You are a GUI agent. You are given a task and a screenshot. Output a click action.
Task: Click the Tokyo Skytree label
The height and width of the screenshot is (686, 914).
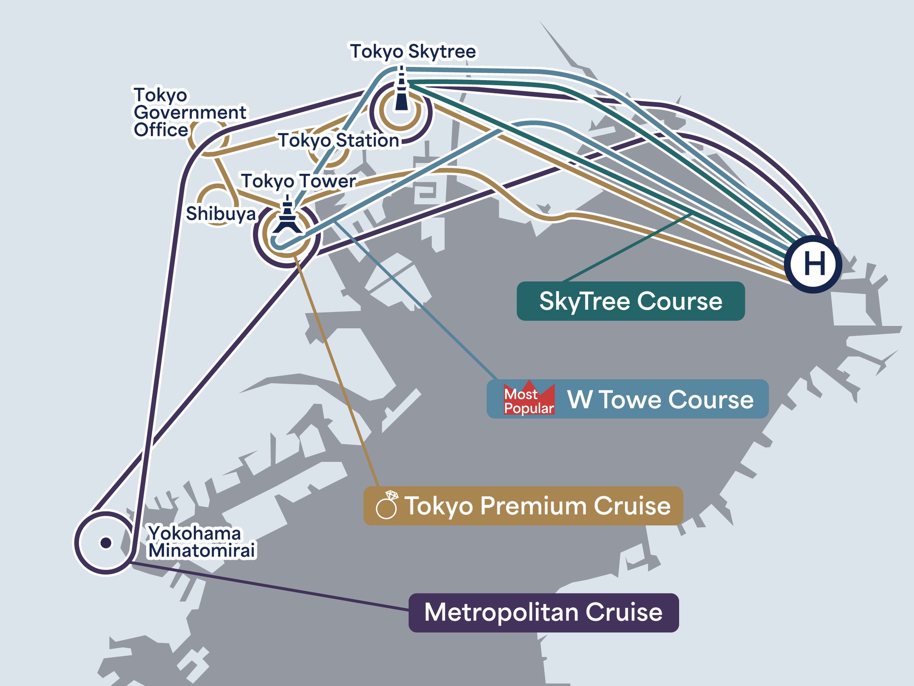pyautogui.click(x=413, y=52)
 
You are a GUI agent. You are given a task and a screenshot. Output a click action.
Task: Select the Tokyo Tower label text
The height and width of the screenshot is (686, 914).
pyautogui.click(x=298, y=181)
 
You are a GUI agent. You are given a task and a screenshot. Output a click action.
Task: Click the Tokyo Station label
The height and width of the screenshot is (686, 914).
pyautogui.click(x=339, y=141)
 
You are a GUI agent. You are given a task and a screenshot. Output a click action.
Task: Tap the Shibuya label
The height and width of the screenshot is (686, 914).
pyautogui.click(x=221, y=214)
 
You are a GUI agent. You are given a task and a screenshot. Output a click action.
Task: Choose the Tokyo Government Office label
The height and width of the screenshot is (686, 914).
pyautogui.click(x=189, y=112)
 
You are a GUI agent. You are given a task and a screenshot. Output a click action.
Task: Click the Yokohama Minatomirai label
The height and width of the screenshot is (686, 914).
pyautogui.click(x=201, y=542)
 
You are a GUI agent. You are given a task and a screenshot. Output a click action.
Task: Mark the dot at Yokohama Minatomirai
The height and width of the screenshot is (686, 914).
pyautogui.click(x=106, y=543)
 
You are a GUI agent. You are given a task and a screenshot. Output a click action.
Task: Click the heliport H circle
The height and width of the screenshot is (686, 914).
pyautogui.click(x=813, y=264)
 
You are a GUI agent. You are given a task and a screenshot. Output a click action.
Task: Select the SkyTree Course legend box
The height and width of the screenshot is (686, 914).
pyautogui.click(x=630, y=301)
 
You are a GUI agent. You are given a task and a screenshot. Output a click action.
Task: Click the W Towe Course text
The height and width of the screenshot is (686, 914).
pyautogui.click(x=660, y=400)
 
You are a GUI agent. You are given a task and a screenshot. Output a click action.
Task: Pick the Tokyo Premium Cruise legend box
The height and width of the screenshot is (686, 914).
pyautogui.click(x=523, y=506)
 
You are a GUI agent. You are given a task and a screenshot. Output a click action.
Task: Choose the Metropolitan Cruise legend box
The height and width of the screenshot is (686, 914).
pyautogui.click(x=543, y=612)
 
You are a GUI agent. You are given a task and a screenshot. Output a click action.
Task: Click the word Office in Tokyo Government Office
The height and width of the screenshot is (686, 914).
pyautogui.click(x=161, y=130)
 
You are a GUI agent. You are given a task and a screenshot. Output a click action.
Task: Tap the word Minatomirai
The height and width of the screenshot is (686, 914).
pyautogui.click(x=201, y=551)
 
